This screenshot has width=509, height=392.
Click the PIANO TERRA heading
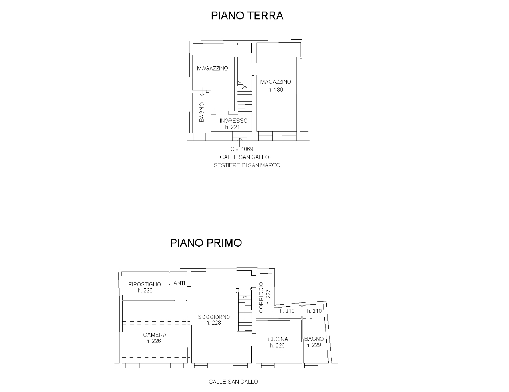pyautogui.click(x=247, y=16)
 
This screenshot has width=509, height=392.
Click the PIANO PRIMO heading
pyautogui.click(x=206, y=243)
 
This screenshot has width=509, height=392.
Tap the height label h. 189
pyautogui.click(x=276, y=90)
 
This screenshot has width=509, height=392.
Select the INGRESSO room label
pyautogui.click(x=233, y=121)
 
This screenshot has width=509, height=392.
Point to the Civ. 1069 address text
pyautogui.click(x=241, y=149)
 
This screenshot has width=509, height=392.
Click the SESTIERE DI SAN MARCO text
pyautogui.click(x=247, y=165)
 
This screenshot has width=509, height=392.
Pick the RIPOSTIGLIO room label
pyautogui.click(x=145, y=284)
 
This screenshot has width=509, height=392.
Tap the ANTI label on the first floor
pyautogui.click(x=180, y=283)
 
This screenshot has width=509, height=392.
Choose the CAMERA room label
pyautogui.click(x=155, y=335)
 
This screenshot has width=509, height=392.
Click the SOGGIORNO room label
pyautogui.click(x=214, y=317)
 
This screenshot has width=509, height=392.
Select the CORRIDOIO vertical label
pyautogui.click(x=261, y=298)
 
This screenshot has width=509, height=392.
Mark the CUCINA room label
pyautogui.click(x=278, y=339)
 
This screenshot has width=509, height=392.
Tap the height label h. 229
pyautogui.click(x=314, y=345)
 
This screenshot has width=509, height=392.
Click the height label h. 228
pyautogui.click(x=214, y=323)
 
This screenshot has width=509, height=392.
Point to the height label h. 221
pyautogui.click(x=233, y=127)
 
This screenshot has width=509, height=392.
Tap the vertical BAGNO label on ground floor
pyautogui.click(x=202, y=112)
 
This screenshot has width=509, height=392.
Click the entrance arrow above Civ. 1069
pyautogui.click(x=239, y=142)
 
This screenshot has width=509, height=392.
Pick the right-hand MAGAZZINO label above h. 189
pyautogui.click(x=276, y=82)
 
